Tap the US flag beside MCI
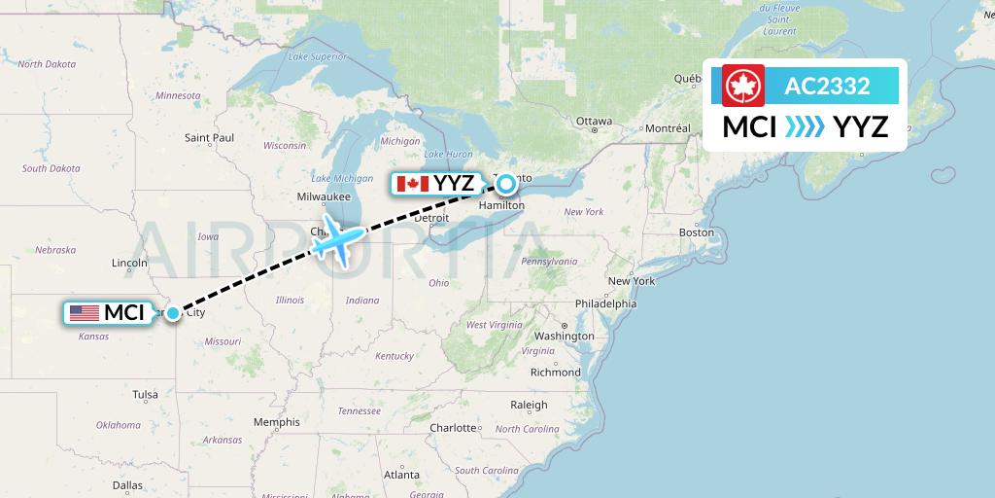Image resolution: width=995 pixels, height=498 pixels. (85, 313)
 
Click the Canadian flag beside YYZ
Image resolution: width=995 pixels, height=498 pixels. (413, 184)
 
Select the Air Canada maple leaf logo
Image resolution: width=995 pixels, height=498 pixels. (744, 86)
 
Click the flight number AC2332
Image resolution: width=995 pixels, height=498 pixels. (827, 87)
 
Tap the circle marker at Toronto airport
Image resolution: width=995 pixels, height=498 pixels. (505, 182)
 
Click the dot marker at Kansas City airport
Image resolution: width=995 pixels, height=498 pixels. (172, 312)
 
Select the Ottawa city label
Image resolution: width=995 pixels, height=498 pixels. (594, 122)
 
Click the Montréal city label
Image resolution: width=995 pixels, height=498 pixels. (668, 128)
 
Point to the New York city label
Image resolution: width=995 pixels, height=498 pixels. (632, 281)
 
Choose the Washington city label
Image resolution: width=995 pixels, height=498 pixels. (564, 337)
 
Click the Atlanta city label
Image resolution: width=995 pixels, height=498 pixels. (400, 475)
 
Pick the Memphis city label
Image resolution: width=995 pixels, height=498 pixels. (276, 422)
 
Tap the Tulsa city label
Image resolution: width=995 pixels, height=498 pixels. (146, 394)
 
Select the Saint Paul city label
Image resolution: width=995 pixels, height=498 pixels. (210, 138)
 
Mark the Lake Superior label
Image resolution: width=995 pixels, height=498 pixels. (318, 56)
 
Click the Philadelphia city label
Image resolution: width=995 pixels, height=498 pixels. (605, 303)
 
